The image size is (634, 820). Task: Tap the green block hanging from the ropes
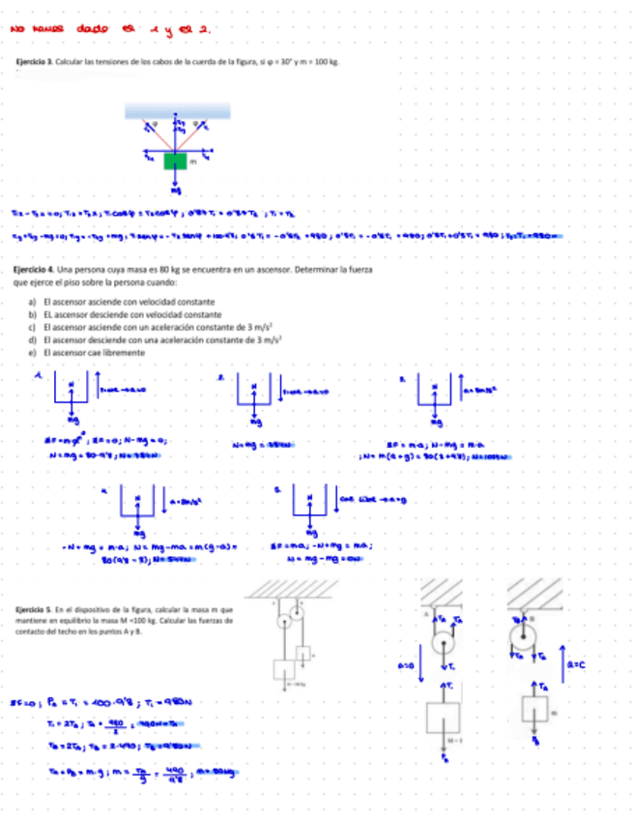(174, 161)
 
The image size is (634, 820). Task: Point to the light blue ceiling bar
(175, 112)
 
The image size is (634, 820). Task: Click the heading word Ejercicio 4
(29, 269)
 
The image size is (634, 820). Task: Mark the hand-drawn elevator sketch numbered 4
(136, 502)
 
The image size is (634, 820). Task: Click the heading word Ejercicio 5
(29, 607)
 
